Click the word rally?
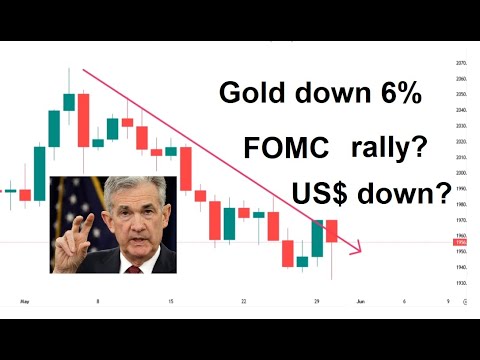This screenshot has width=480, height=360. coord(389,149)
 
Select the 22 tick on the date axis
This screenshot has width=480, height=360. coord(243,300)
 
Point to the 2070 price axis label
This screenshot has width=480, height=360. coord(460,63)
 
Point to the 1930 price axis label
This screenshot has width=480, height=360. coord(460,284)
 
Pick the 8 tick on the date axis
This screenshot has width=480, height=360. coord(97,300)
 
